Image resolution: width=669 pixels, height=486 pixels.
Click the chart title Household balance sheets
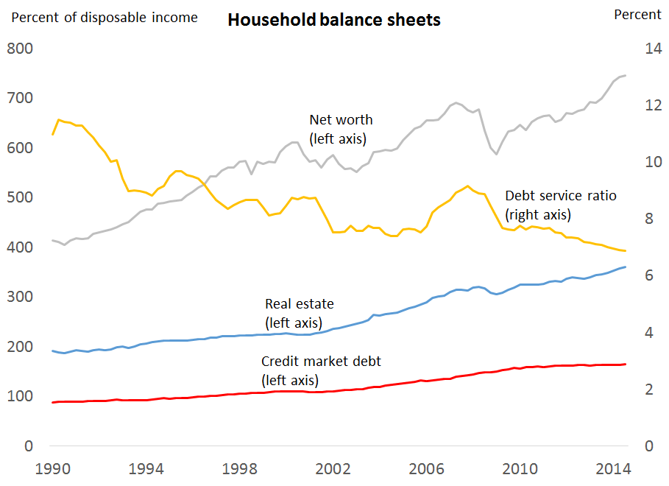coord(333,20)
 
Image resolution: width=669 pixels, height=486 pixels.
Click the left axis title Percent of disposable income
coord(105,17)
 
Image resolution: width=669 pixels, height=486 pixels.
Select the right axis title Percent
coord(637,15)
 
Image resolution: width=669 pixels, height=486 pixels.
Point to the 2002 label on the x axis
coord(333,468)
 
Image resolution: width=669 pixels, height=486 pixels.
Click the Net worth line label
coord(340,128)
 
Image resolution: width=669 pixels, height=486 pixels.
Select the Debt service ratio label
coord(560,205)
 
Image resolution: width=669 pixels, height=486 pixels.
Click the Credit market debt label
coord(321,370)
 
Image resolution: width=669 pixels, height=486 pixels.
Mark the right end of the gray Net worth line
coord(626,75)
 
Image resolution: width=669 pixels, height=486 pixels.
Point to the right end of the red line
coord(626,364)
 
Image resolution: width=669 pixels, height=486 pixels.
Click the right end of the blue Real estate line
coord(626,267)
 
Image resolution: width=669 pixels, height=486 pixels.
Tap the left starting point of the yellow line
coord(52,134)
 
